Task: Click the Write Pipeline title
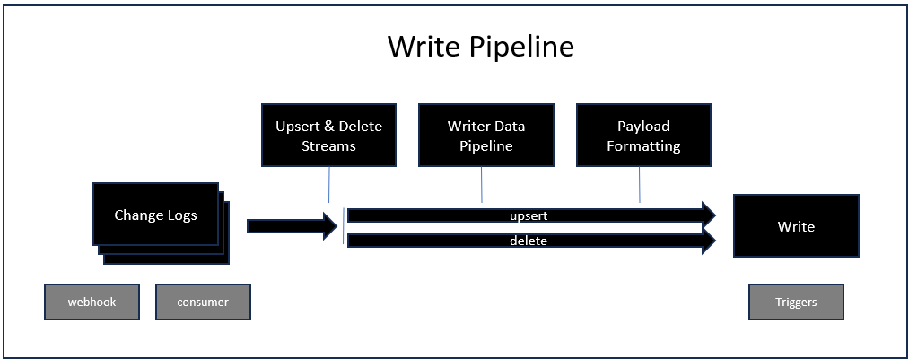[x=481, y=47]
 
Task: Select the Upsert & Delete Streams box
[x=328, y=135]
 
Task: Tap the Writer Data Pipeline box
[x=485, y=135]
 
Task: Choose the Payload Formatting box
[x=643, y=135]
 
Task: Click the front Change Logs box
[x=155, y=215]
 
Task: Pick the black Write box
[x=796, y=225]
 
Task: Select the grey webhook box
[x=92, y=302]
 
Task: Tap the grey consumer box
[x=203, y=302]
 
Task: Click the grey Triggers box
[x=796, y=302]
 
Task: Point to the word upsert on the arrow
[x=529, y=215]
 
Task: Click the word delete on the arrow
[x=529, y=240]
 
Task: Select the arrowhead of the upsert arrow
[x=709, y=215]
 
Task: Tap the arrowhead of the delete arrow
[x=709, y=240]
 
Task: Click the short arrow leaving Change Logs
[x=293, y=226]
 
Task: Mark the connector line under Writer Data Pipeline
[x=482, y=184]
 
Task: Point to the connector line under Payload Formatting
[x=640, y=184]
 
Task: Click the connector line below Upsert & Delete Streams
[x=329, y=184]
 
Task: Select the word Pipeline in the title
[x=520, y=47]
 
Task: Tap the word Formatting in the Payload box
[x=643, y=145]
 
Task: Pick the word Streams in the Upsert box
[x=328, y=145]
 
